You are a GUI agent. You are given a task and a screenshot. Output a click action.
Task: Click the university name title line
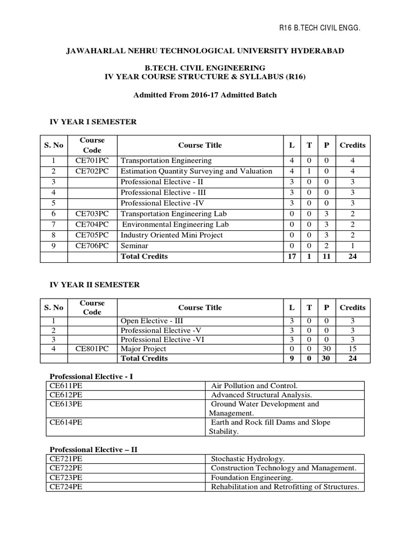(x=204, y=51)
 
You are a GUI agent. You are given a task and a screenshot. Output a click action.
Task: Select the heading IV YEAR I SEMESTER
(x=93, y=122)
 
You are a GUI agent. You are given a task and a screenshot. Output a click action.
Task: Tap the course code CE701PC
(x=92, y=160)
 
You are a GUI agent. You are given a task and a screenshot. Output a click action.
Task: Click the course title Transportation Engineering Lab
(x=170, y=214)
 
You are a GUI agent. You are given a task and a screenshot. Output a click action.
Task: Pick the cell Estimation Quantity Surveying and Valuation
(x=196, y=171)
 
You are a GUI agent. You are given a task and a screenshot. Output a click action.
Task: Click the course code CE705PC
(x=92, y=235)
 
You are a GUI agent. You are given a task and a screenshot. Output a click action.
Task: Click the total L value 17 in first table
(x=291, y=256)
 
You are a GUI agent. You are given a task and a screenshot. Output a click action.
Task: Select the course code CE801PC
(x=92, y=349)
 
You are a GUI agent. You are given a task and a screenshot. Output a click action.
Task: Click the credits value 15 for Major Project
(x=352, y=349)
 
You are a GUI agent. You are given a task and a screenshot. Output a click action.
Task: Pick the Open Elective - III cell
(x=151, y=321)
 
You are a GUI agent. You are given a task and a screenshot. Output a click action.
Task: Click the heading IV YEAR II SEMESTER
(x=94, y=285)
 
